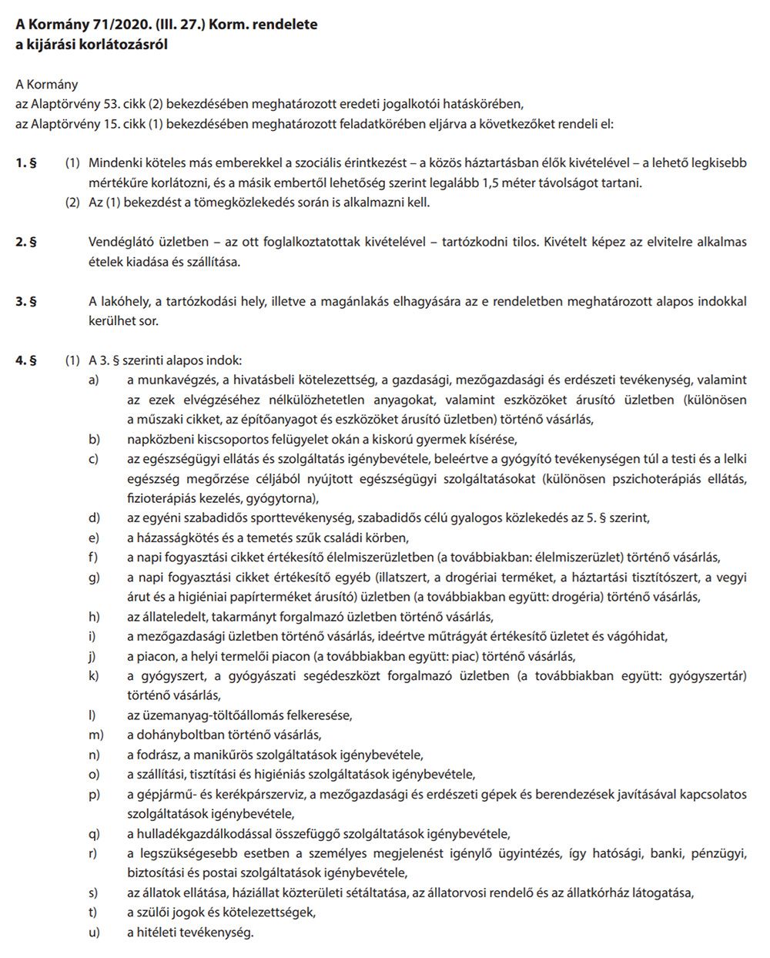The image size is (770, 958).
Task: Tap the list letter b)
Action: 94,439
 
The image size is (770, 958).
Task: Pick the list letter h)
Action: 94,616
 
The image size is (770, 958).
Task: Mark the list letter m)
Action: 95,735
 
